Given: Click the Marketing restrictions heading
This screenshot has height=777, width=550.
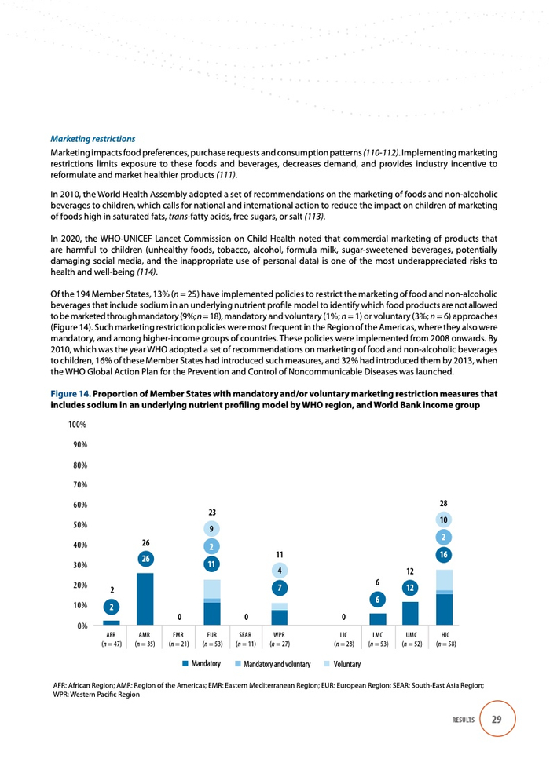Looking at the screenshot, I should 93,139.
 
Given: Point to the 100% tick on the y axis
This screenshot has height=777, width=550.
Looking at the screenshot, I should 75,424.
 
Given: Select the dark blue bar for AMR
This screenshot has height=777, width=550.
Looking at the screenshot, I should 145,599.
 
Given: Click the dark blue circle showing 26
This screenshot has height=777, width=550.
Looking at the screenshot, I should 145,559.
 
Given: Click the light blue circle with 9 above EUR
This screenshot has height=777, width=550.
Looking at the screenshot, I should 212,528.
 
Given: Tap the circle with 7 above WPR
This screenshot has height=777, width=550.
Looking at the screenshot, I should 280,588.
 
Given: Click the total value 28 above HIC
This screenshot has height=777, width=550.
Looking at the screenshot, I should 444,502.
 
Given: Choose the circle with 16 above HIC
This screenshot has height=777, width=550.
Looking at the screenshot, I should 444,555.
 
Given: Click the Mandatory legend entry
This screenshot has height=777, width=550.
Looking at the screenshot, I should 201,664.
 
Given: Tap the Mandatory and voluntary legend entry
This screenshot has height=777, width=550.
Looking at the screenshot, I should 269,664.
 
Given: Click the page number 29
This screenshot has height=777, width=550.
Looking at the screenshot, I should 497,720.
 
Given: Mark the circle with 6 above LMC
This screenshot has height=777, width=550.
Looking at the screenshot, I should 377,600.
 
